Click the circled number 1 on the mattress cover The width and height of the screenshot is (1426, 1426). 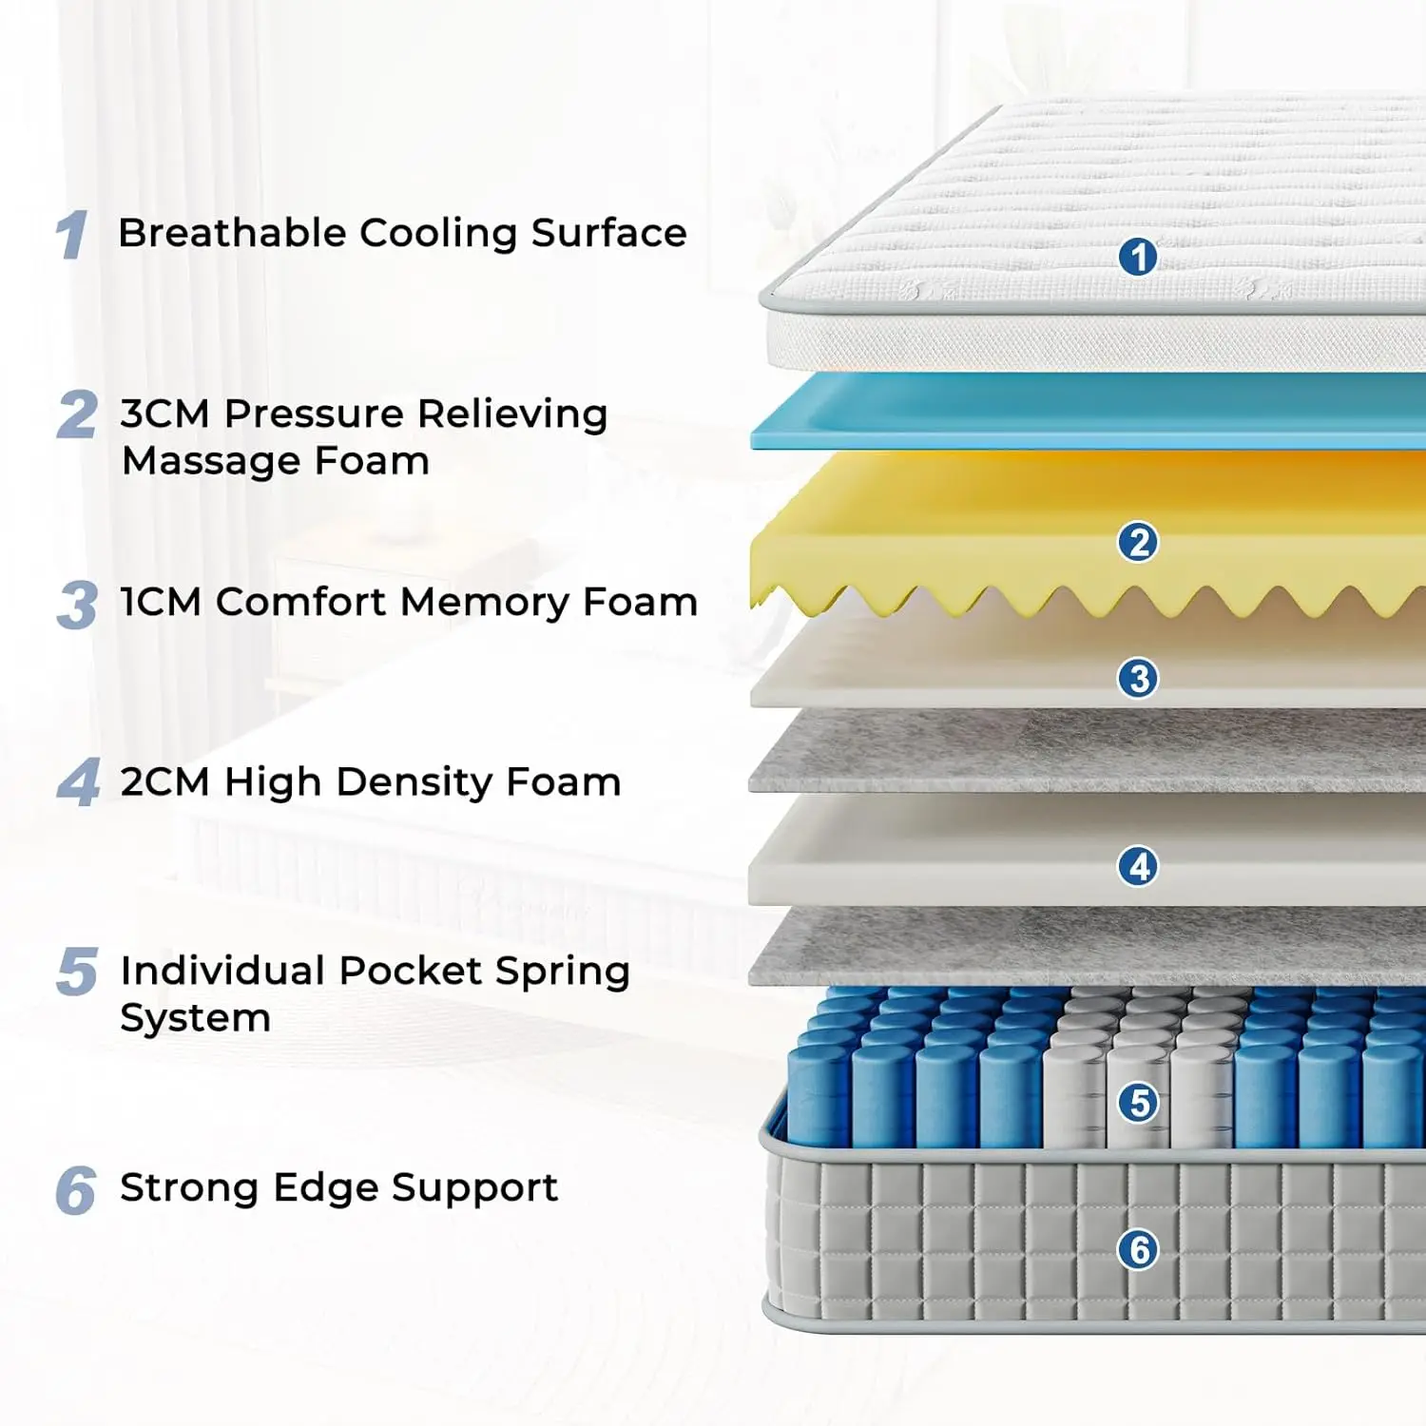tap(1138, 257)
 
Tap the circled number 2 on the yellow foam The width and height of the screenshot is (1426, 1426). tap(1138, 542)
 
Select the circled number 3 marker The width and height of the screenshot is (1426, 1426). tap(1138, 679)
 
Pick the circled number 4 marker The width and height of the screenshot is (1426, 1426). tap(1138, 866)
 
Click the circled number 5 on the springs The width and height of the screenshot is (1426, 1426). tap(1138, 1103)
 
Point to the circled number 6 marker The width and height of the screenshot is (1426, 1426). tap(1138, 1249)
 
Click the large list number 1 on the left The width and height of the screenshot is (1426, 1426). tap(72, 235)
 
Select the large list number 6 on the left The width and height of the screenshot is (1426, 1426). tap(76, 1190)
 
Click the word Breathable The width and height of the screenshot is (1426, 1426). tap(232, 233)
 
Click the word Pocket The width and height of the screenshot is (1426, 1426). tap(410, 971)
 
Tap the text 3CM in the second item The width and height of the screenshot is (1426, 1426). tap(164, 414)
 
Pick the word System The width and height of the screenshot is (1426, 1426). tap(195, 1018)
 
